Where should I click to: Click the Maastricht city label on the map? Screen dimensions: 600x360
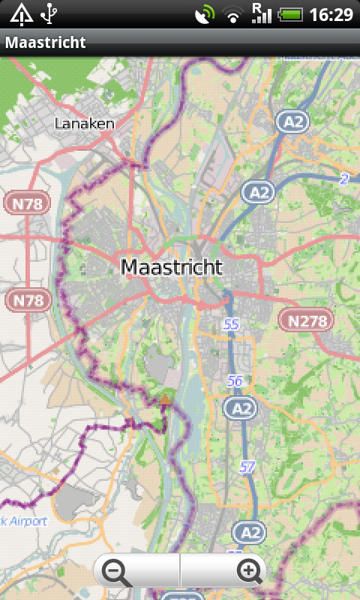[x=171, y=266]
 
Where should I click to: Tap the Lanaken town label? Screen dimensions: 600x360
[x=84, y=124]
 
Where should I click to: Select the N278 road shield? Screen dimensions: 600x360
[x=307, y=321]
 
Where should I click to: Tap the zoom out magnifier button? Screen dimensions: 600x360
[x=118, y=572]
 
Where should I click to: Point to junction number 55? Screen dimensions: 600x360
[x=230, y=324]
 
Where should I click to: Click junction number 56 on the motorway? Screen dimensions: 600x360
[x=235, y=381]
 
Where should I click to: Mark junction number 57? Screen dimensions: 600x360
[x=247, y=466]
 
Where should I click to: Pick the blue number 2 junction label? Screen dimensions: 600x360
[x=344, y=178]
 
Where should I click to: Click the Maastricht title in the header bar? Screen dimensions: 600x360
[x=45, y=43]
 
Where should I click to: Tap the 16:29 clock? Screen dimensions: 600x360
[x=330, y=14]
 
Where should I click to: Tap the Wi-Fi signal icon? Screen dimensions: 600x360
[x=235, y=14]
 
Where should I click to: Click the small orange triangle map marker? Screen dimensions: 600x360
[x=164, y=400]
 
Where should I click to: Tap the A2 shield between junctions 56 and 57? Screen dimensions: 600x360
[x=240, y=408]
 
